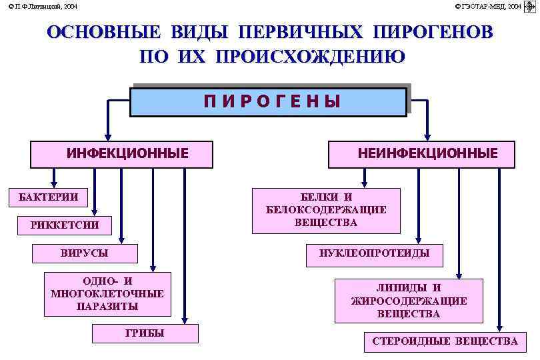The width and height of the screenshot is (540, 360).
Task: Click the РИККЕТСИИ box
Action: point(65,225)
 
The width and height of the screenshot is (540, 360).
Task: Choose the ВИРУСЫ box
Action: point(85,253)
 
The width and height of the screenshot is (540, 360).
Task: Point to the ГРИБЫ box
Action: point(145,333)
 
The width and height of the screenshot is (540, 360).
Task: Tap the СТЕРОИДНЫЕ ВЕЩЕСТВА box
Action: point(444,341)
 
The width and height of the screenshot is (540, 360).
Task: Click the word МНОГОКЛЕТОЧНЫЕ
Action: point(107,293)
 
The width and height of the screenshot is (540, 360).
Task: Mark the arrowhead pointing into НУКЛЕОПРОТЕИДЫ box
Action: point(418,241)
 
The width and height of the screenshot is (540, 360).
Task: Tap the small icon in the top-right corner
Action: point(531,6)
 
